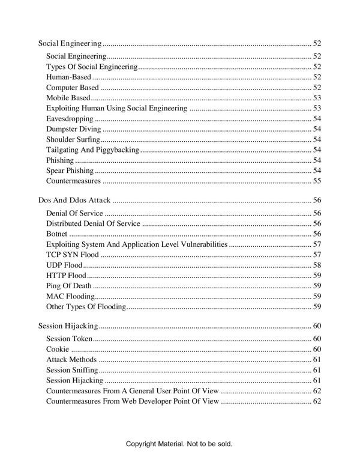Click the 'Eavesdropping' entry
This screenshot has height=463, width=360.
click(70, 119)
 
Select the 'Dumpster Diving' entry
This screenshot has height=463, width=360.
click(74, 129)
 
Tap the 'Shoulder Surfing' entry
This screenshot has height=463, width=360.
click(74, 139)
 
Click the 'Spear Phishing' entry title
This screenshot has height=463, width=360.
click(70, 171)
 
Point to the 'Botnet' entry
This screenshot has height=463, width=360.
click(57, 234)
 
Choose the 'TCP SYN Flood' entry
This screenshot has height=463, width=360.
click(73, 255)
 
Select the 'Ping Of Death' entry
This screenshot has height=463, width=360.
click(69, 286)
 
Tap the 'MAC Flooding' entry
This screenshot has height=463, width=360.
click(70, 296)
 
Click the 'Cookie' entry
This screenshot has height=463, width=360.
click(58, 349)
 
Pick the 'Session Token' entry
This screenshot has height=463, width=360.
click(69, 339)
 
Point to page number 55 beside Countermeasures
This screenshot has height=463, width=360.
click(317, 181)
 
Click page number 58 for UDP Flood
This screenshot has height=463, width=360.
click(317, 265)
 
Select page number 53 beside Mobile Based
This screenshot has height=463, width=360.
click(317, 98)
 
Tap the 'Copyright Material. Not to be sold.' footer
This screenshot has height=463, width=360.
click(179, 444)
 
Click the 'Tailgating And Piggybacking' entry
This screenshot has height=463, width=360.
click(92, 150)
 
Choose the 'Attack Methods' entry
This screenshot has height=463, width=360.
click(71, 360)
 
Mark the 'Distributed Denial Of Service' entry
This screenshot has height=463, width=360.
click(93, 223)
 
